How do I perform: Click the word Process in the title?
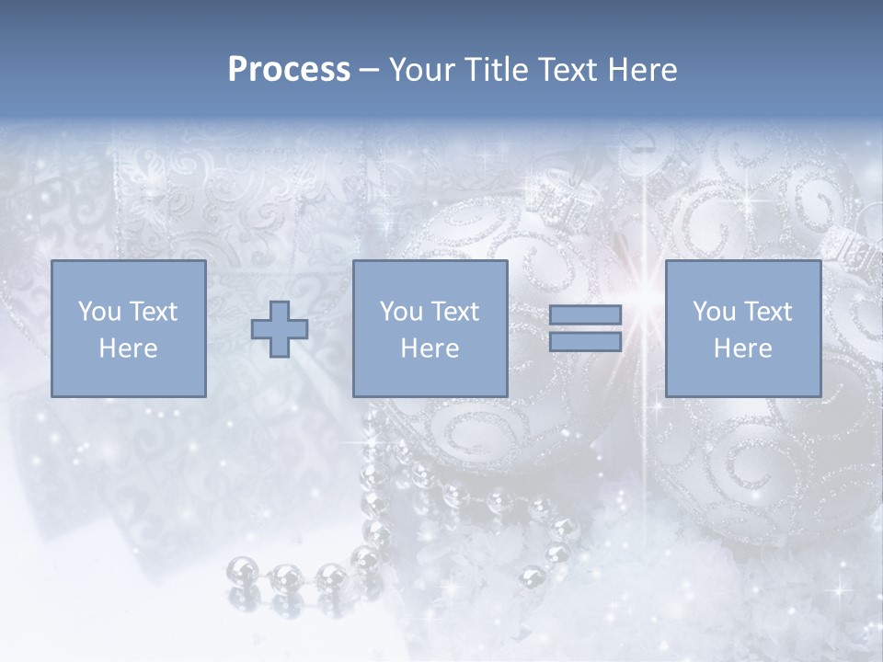coord(289,70)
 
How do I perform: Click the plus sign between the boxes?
coord(280,329)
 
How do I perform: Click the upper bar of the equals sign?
coord(585,314)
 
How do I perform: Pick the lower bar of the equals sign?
coord(585,342)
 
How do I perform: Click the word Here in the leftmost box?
coord(128,348)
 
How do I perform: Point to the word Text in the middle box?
coord(455,312)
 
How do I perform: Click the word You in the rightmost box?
coord(715,312)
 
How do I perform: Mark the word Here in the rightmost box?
coord(742,348)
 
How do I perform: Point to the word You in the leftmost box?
coord(99,312)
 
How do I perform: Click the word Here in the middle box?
coord(430,348)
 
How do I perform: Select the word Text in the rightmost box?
coord(769,312)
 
